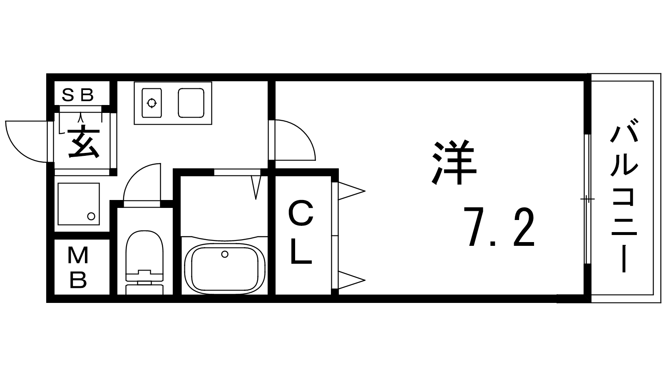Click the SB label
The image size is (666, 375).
click(78, 95)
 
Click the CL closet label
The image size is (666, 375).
click(301, 232)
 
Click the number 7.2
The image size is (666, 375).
click(500, 229)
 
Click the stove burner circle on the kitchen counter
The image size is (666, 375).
click(152, 103)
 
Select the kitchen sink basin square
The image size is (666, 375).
click(191, 103)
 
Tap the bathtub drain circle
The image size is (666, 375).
click(225, 254)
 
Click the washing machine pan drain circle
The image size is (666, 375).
click(91, 216)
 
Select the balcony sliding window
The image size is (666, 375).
click(587, 199)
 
